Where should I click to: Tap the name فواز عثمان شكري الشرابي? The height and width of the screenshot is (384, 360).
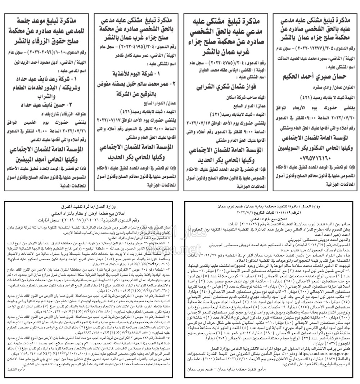222,87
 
